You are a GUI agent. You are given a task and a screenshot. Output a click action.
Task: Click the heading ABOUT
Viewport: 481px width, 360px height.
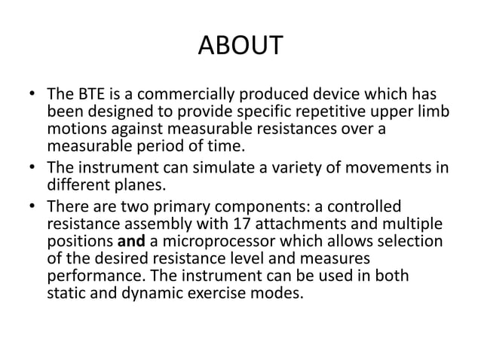click(x=240, y=46)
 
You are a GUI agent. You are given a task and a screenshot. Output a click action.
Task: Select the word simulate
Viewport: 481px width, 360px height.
click(x=223, y=168)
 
